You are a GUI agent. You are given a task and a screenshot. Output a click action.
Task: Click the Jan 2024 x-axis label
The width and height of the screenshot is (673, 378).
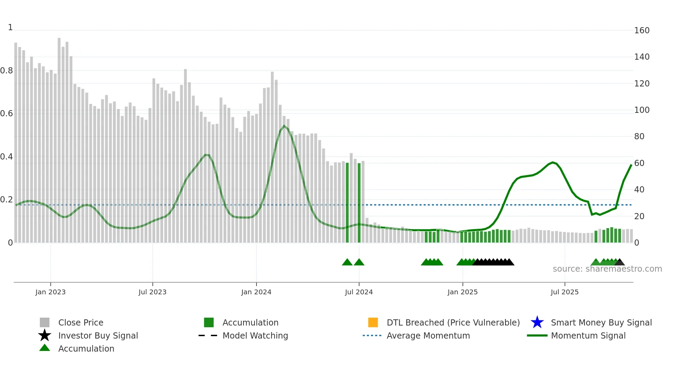256,292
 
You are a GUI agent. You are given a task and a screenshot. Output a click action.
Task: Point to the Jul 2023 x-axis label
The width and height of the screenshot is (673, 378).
152,292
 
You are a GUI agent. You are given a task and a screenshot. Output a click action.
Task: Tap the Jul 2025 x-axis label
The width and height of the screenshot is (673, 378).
564,292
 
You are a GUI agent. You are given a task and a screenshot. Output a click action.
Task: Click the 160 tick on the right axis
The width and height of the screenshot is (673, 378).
641,31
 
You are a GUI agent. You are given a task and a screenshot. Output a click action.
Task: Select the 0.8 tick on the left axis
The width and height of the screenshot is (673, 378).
7,71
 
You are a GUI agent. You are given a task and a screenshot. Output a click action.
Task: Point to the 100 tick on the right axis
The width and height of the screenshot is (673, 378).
641,110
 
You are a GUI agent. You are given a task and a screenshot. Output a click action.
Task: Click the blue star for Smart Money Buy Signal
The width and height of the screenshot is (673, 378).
537,322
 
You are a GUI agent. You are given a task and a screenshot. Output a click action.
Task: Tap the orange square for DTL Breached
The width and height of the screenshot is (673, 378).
373,322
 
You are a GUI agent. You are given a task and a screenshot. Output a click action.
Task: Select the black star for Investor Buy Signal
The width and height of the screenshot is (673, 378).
45,335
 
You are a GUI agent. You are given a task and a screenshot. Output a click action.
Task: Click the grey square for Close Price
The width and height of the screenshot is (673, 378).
45,322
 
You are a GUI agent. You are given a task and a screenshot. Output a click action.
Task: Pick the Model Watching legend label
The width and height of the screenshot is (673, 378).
255,335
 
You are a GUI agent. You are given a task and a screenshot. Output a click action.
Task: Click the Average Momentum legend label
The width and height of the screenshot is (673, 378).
428,335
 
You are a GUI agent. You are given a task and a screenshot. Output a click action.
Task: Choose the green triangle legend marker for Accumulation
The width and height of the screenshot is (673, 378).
45,348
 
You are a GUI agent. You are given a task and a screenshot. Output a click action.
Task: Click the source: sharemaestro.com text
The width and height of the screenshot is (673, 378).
607,269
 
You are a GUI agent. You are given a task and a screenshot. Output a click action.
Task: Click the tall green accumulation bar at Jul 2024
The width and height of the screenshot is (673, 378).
359,202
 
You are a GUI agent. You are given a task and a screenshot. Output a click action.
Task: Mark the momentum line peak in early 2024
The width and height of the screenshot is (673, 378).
284,126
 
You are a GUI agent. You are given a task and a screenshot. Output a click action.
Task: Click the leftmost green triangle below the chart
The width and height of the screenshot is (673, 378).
347,262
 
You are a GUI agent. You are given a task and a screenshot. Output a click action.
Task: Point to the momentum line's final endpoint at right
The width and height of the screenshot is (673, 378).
631,165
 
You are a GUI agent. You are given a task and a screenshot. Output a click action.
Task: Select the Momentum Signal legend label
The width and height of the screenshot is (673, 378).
588,335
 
